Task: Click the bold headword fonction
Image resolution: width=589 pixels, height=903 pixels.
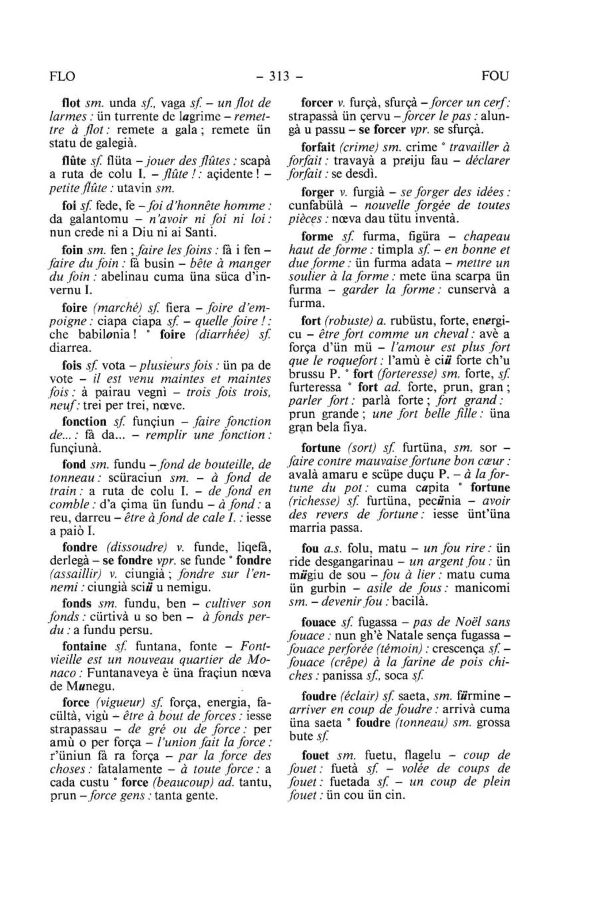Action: (84, 421)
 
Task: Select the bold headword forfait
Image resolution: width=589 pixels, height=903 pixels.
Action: (318, 147)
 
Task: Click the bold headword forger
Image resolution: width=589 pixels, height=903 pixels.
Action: (318, 192)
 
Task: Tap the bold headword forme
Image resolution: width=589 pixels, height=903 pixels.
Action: (318, 237)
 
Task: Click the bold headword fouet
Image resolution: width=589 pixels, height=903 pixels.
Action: (316, 756)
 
